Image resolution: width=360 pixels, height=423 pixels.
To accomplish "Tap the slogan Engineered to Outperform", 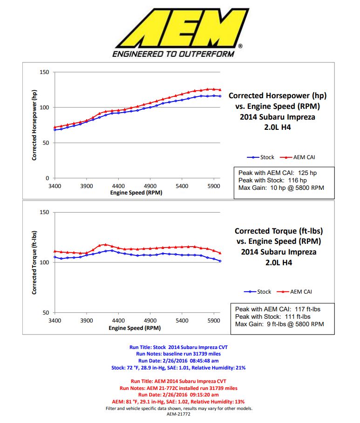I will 173,54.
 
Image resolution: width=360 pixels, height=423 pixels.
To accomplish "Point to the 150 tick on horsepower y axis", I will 44,72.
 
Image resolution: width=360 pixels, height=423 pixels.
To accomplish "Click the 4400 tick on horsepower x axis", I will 118,185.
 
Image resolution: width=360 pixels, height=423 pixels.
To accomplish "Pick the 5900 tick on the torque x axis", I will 214,321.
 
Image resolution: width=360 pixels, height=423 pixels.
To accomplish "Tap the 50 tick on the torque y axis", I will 46,313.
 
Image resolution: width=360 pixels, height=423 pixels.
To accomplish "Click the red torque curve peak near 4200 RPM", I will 106,244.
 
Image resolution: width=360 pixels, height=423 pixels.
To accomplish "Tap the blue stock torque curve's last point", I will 220,261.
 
